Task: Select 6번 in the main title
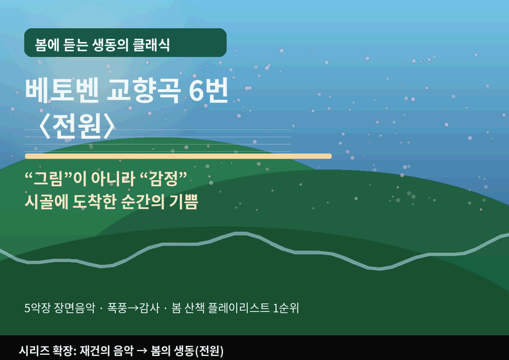coord(208,91)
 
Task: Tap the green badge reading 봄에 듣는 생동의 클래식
coord(125,43)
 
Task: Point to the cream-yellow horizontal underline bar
coord(178,156)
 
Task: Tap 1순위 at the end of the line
coord(286,308)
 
